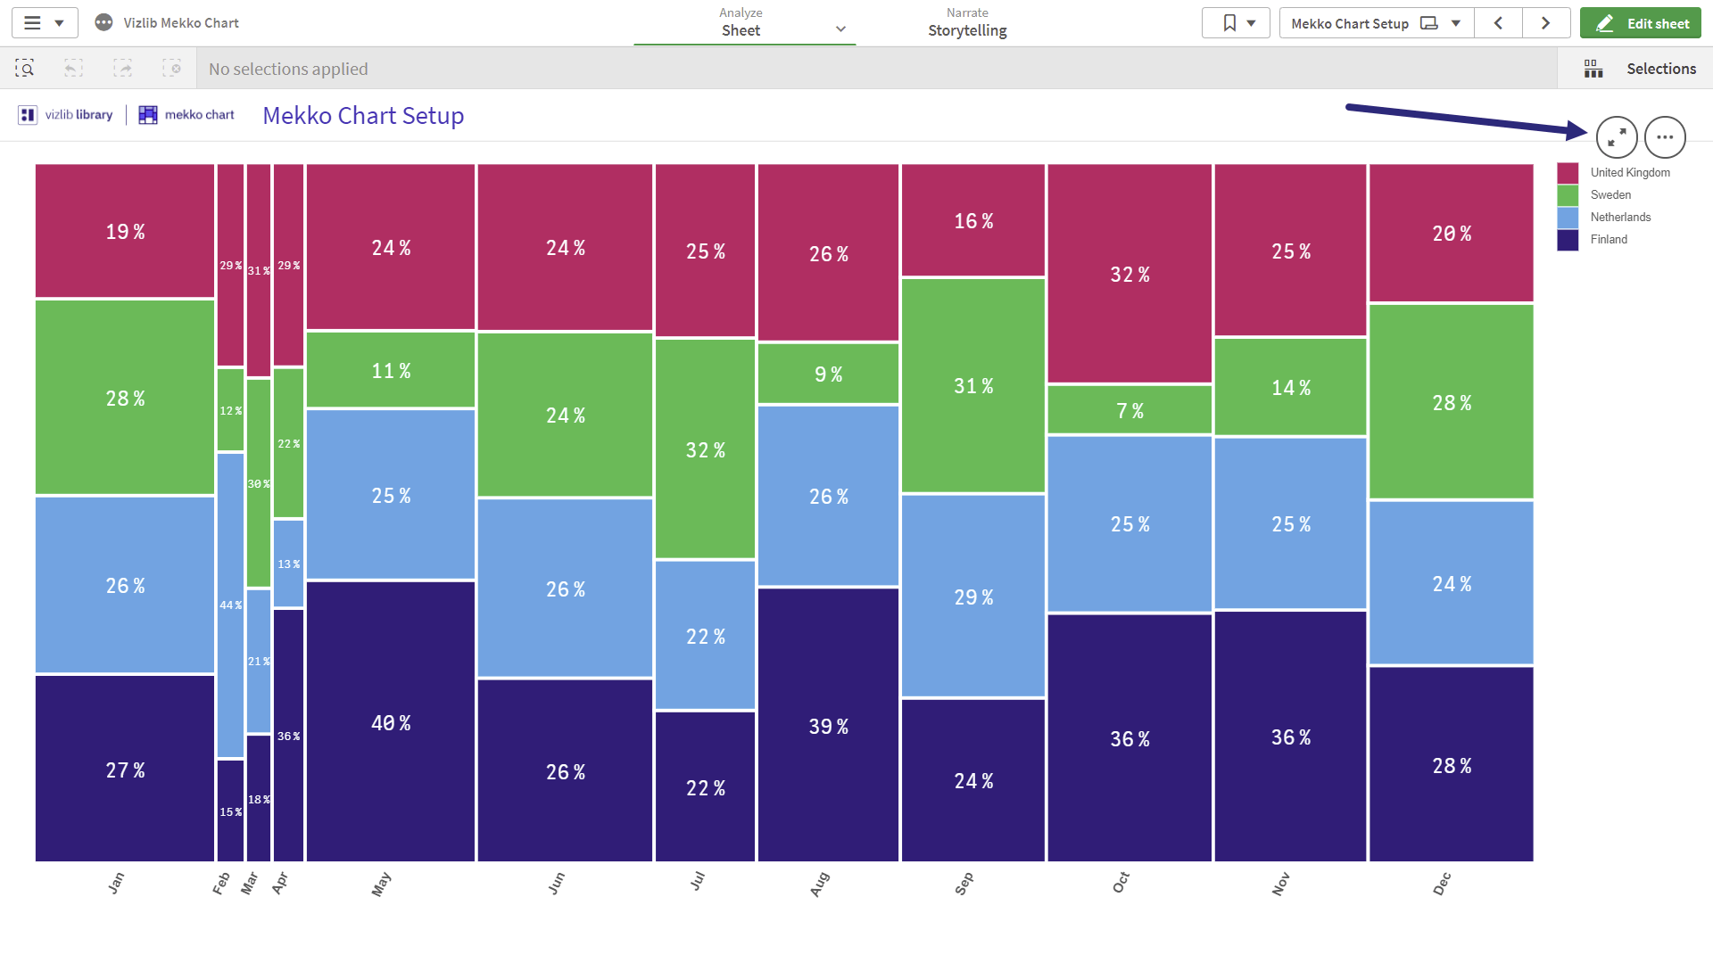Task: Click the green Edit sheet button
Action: [x=1640, y=23]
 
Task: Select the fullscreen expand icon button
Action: [x=1617, y=137]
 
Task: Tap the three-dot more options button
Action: [x=1665, y=137]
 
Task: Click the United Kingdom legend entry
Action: [x=1614, y=172]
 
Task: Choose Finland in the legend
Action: [x=1593, y=239]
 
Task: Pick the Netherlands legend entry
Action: [x=1605, y=217]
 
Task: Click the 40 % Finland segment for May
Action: [x=391, y=721]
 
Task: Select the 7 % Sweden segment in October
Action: [x=1130, y=410]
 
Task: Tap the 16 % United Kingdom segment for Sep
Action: [x=973, y=220]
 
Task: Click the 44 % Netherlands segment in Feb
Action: [x=230, y=605]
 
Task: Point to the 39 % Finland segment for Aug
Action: [x=828, y=725]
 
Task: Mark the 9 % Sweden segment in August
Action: [x=828, y=374]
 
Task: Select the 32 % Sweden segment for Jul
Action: [x=705, y=449]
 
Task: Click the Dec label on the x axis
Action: [x=1442, y=884]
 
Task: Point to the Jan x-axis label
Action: [x=116, y=883]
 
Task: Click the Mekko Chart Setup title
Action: [x=363, y=116]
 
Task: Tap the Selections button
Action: [x=1640, y=69]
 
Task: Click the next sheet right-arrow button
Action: [x=1546, y=23]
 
